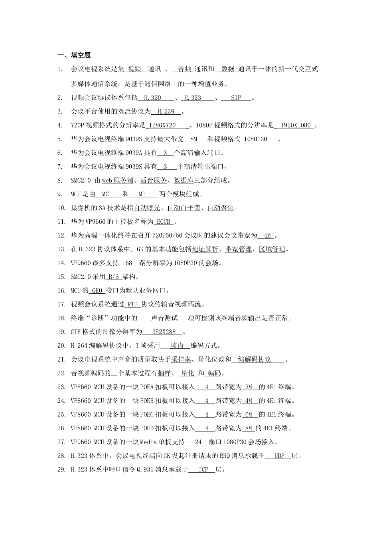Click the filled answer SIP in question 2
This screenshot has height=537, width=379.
(236, 97)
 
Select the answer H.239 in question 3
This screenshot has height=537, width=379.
(166, 111)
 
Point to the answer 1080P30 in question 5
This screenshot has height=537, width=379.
(255, 139)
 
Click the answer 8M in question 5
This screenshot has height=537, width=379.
(193, 139)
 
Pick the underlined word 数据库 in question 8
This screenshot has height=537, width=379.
(184, 181)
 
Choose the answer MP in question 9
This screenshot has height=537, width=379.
(142, 194)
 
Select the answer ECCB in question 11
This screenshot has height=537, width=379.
(164, 222)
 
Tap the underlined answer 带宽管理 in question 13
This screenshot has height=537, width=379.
(239, 249)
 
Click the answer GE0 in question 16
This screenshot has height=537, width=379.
(97, 290)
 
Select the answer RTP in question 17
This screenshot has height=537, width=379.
(133, 304)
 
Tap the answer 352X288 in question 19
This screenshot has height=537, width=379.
(164, 332)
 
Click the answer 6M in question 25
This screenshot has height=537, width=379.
(249, 415)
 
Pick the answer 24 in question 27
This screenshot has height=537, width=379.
(198, 442)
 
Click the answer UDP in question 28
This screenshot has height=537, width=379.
(279, 456)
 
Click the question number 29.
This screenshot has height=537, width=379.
(61, 470)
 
